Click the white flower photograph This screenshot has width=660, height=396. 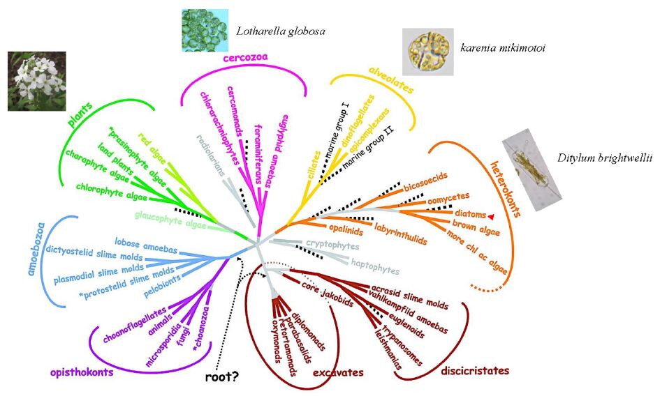tap(36, 81)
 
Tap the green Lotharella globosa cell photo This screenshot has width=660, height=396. tap(205, 30)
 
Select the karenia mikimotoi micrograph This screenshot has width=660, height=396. tap(427, 52)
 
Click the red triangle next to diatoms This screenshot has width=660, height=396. tap(491, 216)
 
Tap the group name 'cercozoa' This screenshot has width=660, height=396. tap(247, 59)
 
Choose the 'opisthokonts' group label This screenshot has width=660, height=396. tap(82, 372)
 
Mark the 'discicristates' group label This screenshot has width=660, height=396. tap(475, 370)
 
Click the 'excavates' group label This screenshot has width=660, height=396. tap(338, 374)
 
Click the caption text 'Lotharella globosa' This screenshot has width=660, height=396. tap(281, 31)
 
